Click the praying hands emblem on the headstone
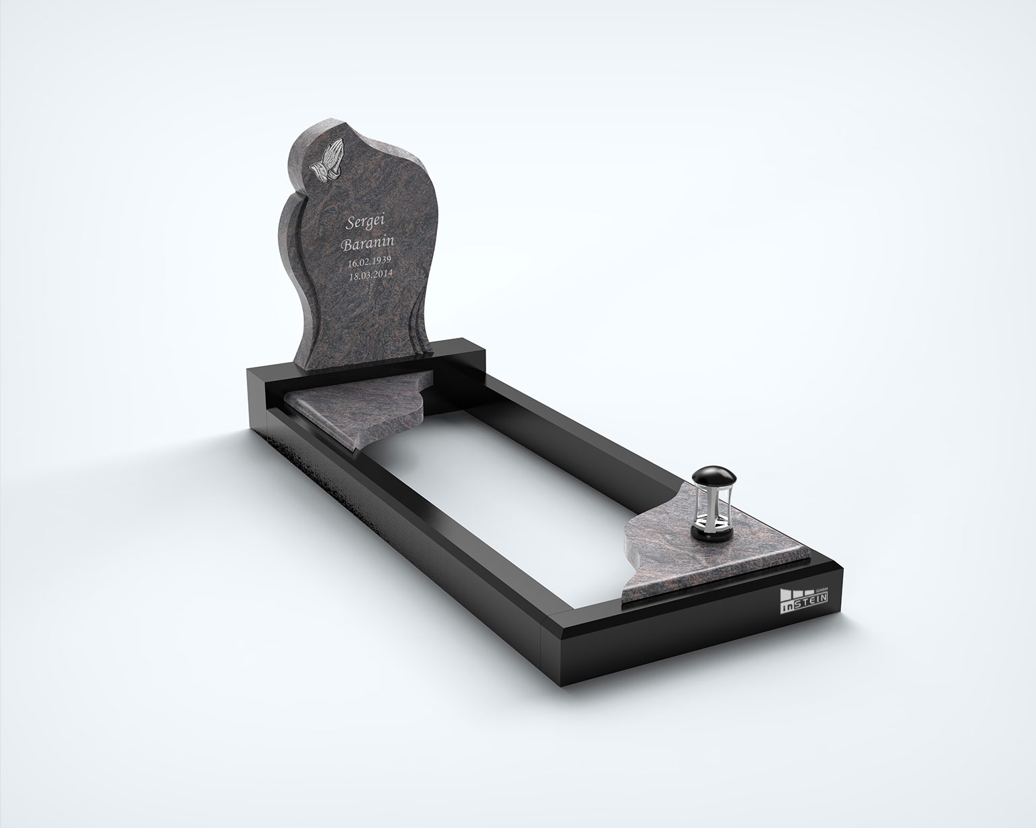pyautogui.click(x=324, y=160)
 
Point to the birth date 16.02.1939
pyautogui.click(x=368, y=262)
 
